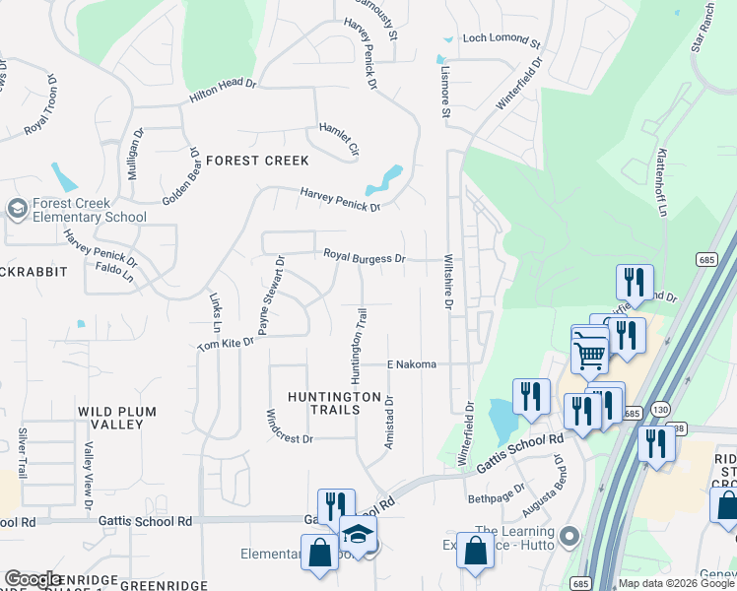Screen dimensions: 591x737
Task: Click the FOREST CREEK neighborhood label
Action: point(257,161)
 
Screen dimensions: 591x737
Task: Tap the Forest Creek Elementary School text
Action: point(90,210)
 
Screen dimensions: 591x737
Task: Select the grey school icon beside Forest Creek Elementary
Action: point(17,209)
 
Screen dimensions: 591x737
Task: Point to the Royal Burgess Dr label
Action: point(365,257)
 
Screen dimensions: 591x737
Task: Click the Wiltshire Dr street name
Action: point(448,283)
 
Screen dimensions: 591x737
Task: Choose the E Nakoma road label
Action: point(412,364)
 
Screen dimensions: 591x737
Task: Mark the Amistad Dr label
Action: point(389,423)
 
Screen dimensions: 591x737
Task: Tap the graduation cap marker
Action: point(359,535)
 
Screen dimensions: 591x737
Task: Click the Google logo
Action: point(33,579)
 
